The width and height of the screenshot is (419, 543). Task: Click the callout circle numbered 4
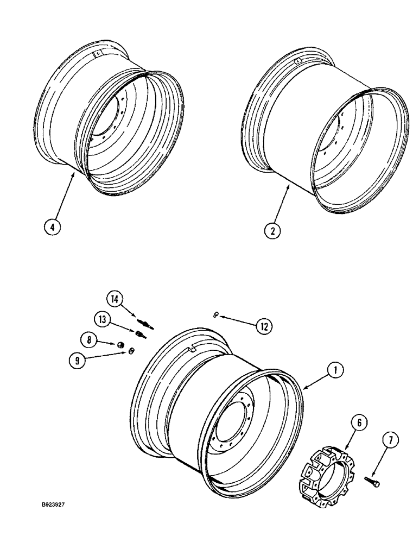[53, 226]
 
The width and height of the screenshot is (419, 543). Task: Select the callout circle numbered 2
[272, 230]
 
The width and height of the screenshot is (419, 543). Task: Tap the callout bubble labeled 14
[115, 299]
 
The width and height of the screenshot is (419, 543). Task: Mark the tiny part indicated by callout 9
[130, 353]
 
